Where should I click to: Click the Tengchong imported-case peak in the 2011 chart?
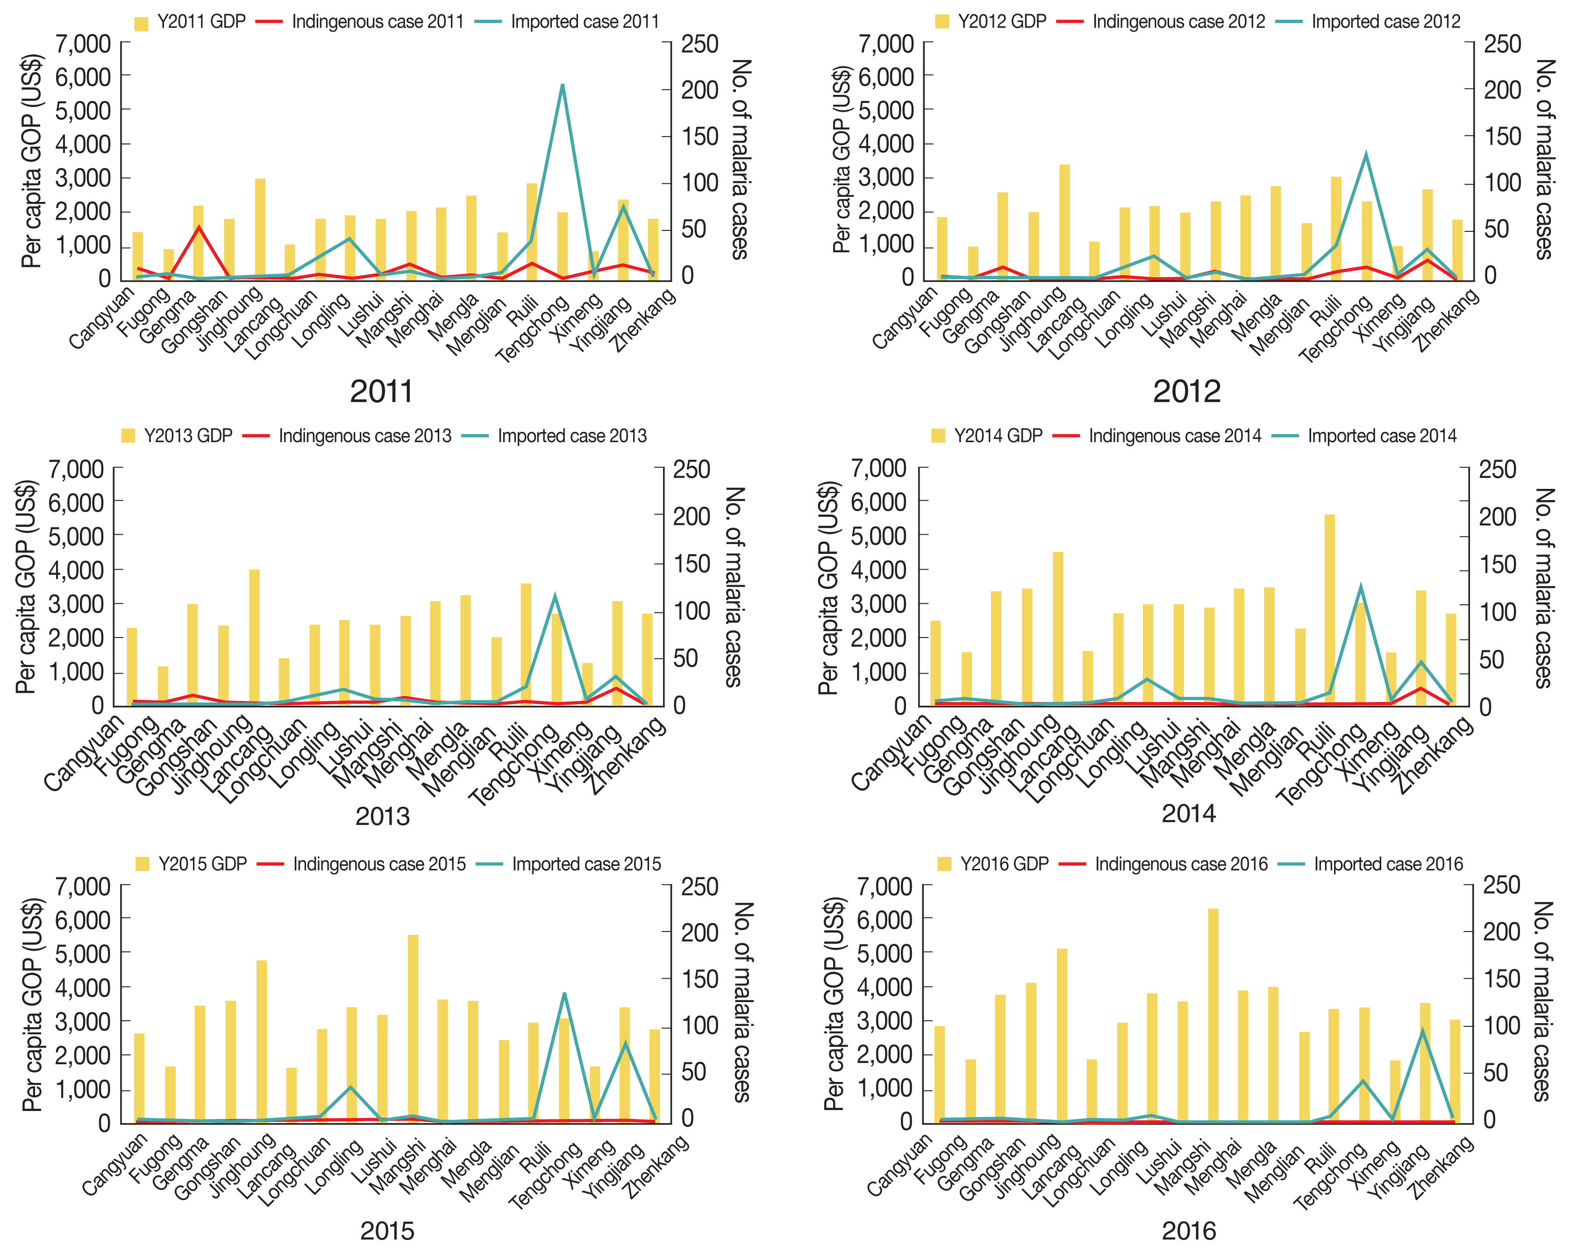(562, 86)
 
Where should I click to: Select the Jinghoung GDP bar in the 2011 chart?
(260, 229)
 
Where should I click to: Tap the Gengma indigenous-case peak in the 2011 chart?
(199, 227)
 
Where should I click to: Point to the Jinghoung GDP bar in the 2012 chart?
(1064, 222)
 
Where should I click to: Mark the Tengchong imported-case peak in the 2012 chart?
(1366, 154)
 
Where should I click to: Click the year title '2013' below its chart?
(382, 817)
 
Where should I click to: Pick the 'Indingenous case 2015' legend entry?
(378, 864)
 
